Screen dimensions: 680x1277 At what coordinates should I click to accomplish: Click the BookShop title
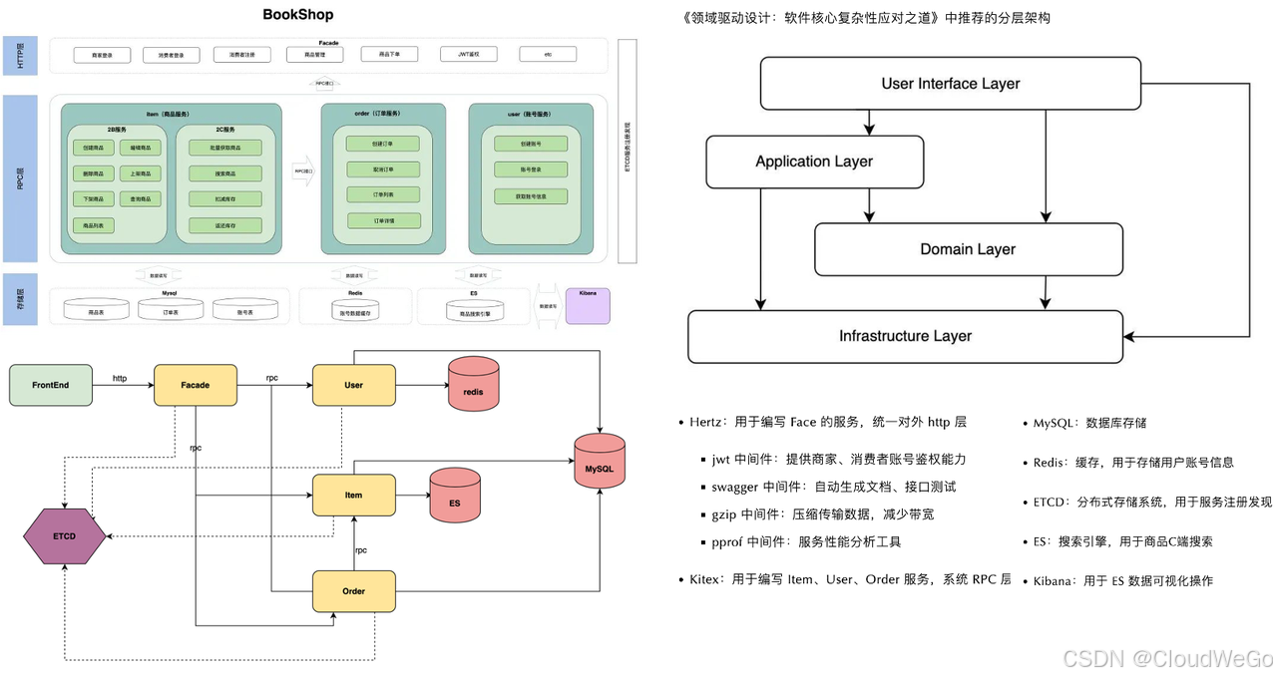298,15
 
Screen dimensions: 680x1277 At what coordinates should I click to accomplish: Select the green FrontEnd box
50,385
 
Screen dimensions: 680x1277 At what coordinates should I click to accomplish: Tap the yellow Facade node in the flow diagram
196,385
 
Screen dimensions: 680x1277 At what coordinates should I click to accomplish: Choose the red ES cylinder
455,496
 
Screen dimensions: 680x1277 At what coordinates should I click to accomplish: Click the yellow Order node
354,591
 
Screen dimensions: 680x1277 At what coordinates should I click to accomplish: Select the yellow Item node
354,496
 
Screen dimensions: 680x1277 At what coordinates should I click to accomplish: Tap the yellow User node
354,385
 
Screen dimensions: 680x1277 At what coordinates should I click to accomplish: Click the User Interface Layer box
950,84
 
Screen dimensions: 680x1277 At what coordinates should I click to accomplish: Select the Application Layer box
813,162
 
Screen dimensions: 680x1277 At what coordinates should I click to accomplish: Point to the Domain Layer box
967,249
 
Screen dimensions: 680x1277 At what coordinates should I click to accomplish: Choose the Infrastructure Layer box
905,337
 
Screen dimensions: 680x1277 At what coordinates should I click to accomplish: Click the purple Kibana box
587,306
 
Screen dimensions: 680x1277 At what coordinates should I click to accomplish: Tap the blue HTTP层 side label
20,55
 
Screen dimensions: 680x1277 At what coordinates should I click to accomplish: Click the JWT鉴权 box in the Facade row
470,55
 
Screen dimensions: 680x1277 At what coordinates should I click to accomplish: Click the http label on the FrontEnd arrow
120,379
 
